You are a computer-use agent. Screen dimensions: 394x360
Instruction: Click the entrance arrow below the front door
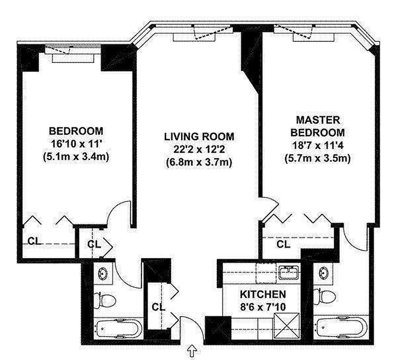click(x=192, y=351)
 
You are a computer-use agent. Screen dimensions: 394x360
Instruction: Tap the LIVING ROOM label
click(x=199, y=137)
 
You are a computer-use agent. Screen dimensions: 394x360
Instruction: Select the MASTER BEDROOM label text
click(x=318, y=126)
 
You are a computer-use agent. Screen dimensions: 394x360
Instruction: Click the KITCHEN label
click(x=263, y=294)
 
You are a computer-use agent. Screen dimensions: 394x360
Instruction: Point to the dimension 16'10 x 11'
click(x=76, y=144)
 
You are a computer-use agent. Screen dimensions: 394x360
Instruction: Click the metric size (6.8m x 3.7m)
click(x=199, y=162)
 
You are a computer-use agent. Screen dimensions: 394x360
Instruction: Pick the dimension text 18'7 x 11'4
click(x=318, y=145)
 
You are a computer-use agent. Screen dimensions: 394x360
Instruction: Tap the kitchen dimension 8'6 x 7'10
click(x=263, y=307)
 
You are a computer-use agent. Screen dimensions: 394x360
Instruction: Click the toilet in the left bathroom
click(x=105, y=300)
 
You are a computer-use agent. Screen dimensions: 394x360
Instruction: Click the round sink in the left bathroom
click(x=103, y=273)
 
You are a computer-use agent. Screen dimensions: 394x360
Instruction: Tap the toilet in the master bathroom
click(x=325, y=297)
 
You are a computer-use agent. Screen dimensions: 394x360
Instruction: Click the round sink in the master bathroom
click(x=323, y=272)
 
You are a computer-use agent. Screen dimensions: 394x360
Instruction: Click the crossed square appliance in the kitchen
click(x=287, y=325)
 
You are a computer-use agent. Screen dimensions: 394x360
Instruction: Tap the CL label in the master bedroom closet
click(x=283, y=244)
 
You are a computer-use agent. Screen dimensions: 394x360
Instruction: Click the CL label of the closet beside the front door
click(x=159, y=307)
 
